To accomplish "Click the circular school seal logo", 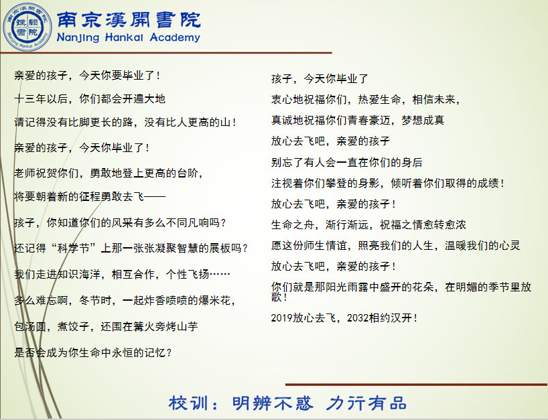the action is pyautogui.click(x=27, y=27).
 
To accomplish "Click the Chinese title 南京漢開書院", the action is pyautogui.click(x=129, y=19).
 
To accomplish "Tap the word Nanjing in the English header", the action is pyautogui.click(x=78, y=38).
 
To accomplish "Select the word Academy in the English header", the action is pyautogui.click(x=175, y=38).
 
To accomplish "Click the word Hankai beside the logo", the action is pyautogui.click(x=125, y=38).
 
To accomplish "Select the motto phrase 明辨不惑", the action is pyautogui.click(x=272, y=403).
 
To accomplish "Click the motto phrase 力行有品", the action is pyautogui.click(x=366, y=403).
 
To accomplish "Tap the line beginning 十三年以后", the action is pyautogui.click(x=90, y=99).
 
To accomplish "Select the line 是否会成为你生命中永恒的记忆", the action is pyautogui.click(x=93, y=352).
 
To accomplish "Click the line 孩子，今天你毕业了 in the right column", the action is pyautogui.click(x=320, y=78).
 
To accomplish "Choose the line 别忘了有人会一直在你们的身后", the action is pyautogui.click(x=347, y=162).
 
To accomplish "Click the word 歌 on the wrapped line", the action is pyautogui.click(x=277, y=297).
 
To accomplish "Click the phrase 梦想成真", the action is pyautogui.click(x=423, y=120).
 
